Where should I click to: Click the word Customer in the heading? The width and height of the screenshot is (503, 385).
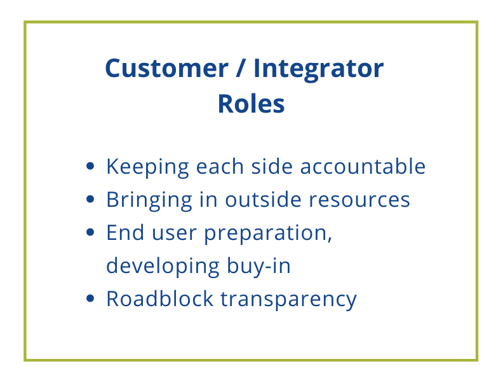coord(166,68)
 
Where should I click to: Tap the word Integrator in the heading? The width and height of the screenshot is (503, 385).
coord(318,68)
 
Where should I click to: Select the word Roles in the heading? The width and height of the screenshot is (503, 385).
coord(251,104)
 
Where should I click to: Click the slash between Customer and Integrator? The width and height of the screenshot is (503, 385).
coord(241,68)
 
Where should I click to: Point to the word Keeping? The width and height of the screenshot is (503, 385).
coord(147,167)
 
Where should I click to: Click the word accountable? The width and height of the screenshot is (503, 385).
coord(363,167)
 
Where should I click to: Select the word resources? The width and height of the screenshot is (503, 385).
coord(359,200)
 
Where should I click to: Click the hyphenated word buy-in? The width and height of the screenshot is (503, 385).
coord(258,266)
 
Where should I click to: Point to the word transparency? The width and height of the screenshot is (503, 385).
coord(288,299)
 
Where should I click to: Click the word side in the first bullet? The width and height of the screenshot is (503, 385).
coord(271,167)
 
